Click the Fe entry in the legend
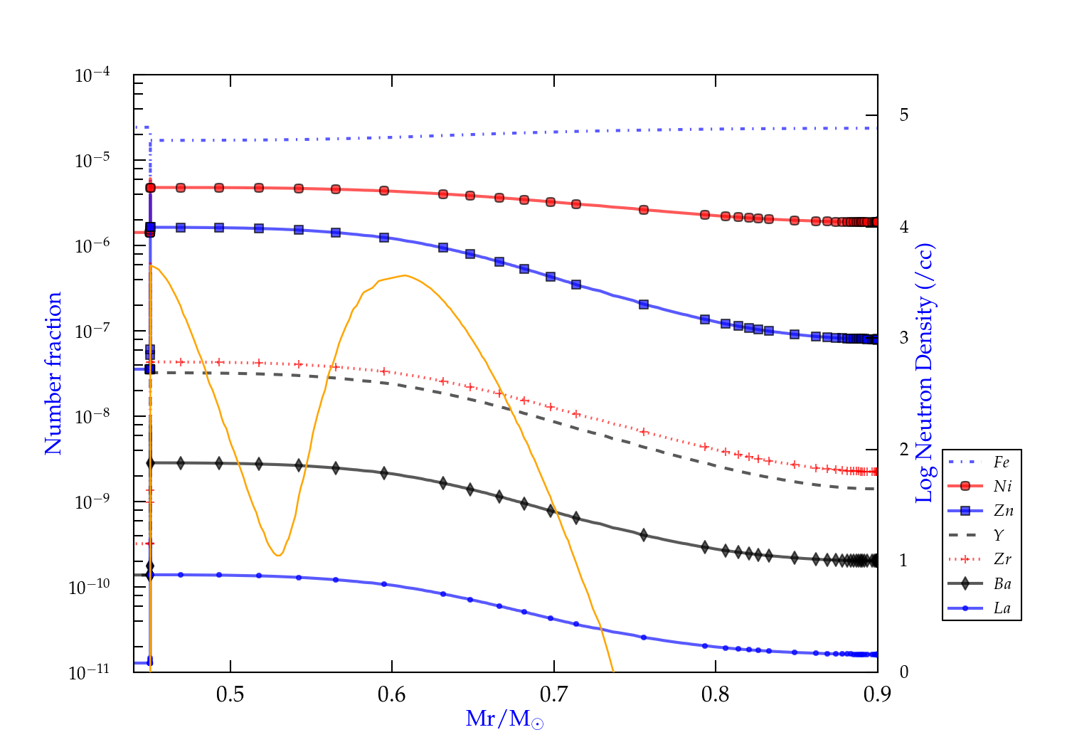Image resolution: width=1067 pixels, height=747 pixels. point(1001,462)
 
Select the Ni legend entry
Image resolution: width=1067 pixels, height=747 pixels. point(1002,487)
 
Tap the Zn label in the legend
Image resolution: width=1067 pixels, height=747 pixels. point(1003,511)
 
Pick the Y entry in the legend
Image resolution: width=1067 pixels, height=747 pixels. point(999,535)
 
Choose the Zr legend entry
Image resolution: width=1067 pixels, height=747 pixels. point(1002,559)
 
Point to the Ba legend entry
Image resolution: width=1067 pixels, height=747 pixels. point(1002,584)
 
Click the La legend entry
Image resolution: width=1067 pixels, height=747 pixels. point(1002,608)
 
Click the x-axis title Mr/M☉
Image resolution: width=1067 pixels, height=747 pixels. point(504,719)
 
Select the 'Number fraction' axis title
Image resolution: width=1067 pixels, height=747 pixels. point(53,373)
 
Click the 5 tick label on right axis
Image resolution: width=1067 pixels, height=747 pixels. point(904,115)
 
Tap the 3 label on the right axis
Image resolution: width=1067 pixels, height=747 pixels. point(904,338)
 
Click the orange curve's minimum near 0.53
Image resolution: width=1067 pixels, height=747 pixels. point(278,555)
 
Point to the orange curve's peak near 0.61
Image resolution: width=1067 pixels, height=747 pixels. point(404,275)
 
